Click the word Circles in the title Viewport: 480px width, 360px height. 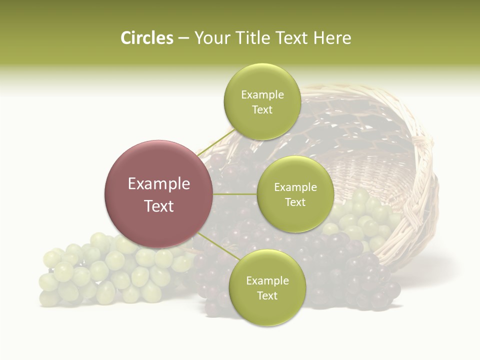point(147,38)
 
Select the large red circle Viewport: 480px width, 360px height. point(158,194)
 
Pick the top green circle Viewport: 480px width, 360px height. point(262,101)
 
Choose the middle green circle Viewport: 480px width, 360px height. point(295,194)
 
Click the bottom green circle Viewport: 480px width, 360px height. point(267,287)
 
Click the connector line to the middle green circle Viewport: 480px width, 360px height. point(235,194)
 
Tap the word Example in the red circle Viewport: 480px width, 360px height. point(158,184)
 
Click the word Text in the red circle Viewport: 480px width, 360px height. point(158,206)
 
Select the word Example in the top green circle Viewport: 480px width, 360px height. point(262,95)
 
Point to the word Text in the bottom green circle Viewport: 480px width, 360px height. point(267,295)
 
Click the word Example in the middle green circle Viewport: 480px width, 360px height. point(295,187)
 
